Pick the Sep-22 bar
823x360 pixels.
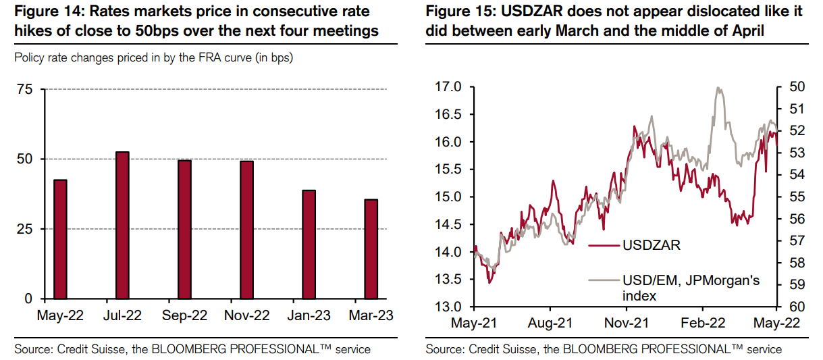point(184,230)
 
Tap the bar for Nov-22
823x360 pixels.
point(246,230)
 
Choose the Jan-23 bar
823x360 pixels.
point(309,245)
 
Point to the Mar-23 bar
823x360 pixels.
point(371,249)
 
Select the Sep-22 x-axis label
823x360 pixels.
point(184,315)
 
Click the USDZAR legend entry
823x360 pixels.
point(650,245)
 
